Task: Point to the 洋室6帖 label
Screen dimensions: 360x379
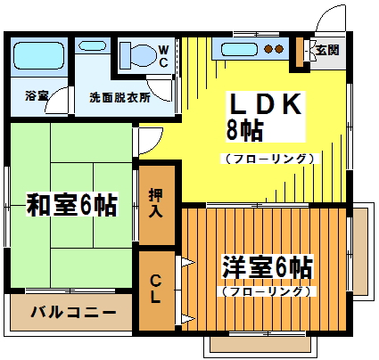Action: coord(268,266)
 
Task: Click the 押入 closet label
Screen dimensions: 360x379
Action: coord(155,203)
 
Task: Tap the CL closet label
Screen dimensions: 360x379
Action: coord(155,287)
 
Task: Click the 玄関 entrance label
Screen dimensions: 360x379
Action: coord(326,50)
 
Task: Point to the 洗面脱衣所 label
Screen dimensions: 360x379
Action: coord(119,97)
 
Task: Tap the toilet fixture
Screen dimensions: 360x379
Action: coord(138,55)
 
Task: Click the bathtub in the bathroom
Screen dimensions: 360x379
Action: coord(37,56)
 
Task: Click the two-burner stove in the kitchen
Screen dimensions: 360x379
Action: coord(273,49)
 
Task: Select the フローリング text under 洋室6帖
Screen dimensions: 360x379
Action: coord(266,290)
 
